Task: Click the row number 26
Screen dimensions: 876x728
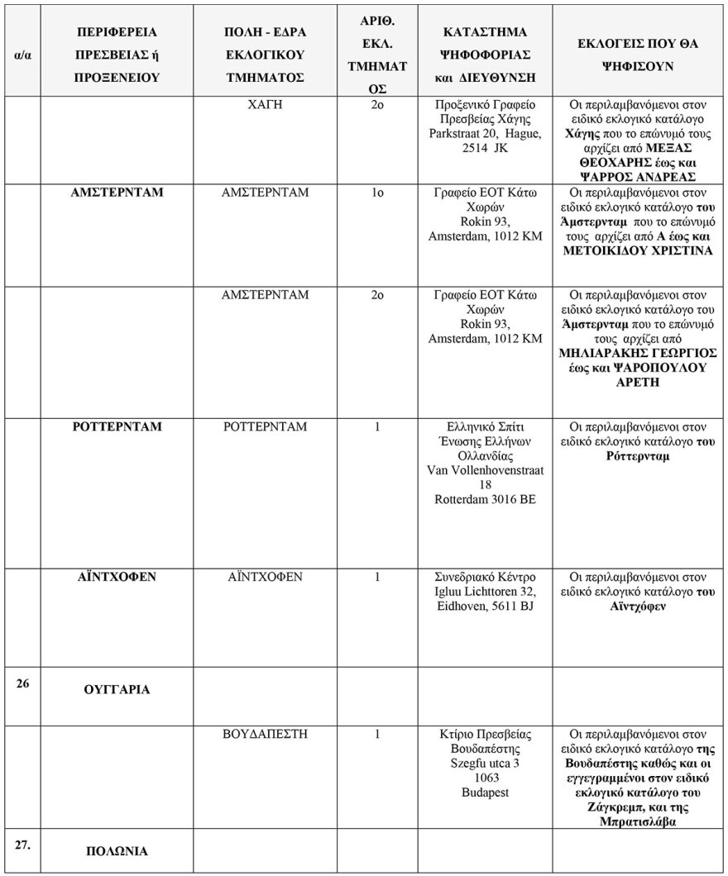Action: (22, 683)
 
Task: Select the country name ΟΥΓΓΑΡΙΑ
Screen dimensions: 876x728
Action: (117, 689)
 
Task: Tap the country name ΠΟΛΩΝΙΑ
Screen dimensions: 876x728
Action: (117, 851)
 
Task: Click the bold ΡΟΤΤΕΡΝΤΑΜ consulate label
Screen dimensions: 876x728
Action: (117, 427)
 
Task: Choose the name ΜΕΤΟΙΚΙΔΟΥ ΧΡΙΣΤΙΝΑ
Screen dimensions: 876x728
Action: (635, 251)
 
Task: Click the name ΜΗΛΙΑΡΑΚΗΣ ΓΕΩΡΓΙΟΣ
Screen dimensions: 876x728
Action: (635, 353)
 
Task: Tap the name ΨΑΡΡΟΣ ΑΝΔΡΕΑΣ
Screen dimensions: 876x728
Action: (635, 178)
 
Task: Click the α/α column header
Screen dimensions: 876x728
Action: (23, 55)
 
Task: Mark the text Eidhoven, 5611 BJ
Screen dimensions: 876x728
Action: (486, 607)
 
